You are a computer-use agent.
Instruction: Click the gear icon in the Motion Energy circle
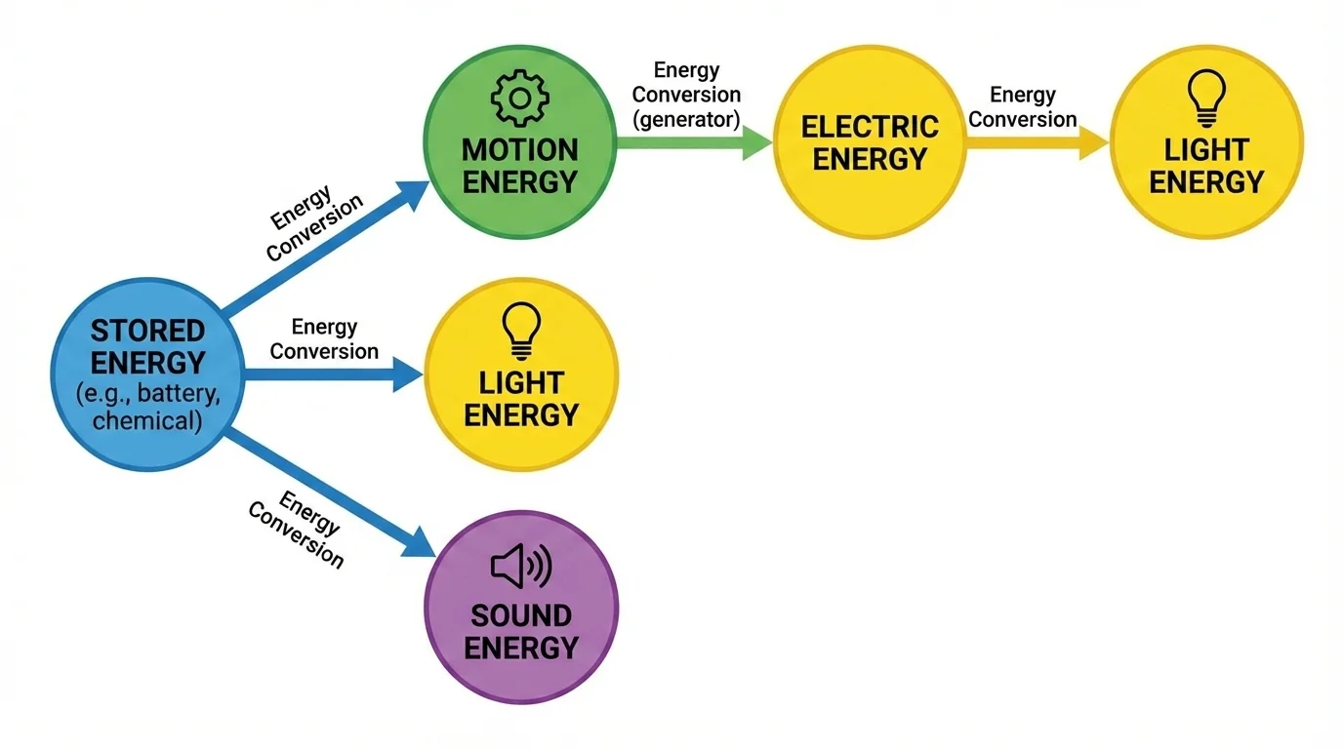coord(519,97)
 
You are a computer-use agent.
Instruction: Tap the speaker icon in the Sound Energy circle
coord(520,567)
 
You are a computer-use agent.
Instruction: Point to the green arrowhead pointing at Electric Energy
coord(756,142)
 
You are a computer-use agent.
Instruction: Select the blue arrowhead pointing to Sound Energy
coord(417,541)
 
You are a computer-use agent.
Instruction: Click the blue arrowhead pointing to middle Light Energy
coord(407,374)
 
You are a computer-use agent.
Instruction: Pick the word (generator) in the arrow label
coord(686,119)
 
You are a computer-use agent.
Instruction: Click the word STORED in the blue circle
coord(147,330)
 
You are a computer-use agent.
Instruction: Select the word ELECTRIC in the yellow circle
coord(869,127)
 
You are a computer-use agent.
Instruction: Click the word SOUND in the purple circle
coord(520,615)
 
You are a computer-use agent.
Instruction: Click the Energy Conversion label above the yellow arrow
coord(1023,107)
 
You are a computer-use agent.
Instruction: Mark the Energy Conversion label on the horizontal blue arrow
coord(324,339)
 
